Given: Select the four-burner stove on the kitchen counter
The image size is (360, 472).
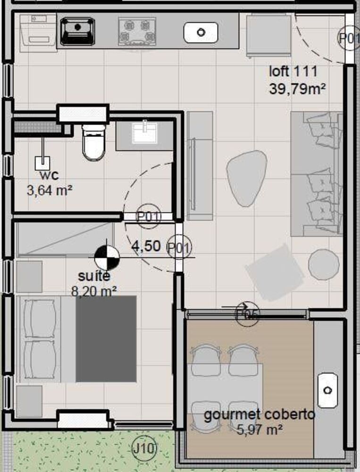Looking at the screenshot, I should pos(137,31).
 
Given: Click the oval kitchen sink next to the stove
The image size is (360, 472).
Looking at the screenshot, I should pos(201,32).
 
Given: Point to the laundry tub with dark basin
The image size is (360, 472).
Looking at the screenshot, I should pos(78,31).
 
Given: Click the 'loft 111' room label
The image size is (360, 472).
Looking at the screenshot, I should pos(293,72).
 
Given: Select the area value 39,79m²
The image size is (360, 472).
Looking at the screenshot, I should pos(298,88).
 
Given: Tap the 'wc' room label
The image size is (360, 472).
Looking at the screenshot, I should pos(49,175).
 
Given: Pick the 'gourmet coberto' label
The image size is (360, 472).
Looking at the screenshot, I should pos(259,415).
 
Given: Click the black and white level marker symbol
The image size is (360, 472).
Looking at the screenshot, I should pos(107,258).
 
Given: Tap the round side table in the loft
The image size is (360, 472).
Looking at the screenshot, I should pos(324,264).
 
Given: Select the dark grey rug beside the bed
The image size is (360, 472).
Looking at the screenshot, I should pos(106,338).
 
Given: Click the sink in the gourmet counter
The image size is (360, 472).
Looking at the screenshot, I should pos(327,390).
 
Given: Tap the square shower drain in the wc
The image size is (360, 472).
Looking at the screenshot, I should pos(42,163).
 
